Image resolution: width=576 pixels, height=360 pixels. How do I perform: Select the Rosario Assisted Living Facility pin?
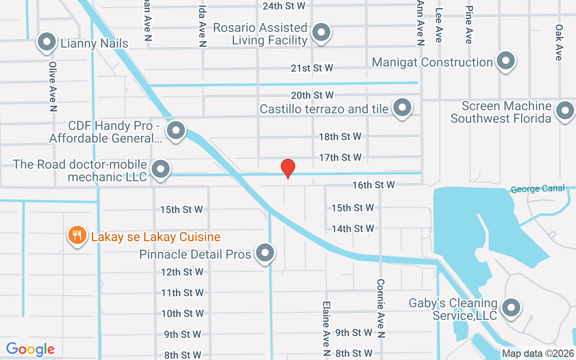[x=321, y=32]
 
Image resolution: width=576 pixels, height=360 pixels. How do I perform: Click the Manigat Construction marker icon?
[x=506, y=61]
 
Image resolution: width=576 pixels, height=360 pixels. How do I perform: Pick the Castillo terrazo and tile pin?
[x=402, y=108]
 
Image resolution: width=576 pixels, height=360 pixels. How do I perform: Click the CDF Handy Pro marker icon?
[x=176, y=131]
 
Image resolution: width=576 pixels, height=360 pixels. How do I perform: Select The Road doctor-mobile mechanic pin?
[x=161, y=170]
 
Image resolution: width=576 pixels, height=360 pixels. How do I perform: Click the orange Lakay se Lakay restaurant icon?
[x=77, y=235]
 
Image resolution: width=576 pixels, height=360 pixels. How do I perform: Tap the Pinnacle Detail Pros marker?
[x=265, y=253]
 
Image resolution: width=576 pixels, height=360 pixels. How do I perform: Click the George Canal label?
[x=538, y=189]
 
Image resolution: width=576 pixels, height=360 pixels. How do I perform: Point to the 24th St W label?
[x=284, y=6]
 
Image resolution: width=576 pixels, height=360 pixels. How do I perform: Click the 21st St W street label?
[x=312, y=68]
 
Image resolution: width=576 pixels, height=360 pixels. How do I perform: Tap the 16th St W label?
[x=373, y=184]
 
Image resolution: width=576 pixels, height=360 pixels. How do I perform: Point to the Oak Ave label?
[x=559, y=42]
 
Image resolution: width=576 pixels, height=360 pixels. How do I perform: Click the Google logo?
[x=31, y=349]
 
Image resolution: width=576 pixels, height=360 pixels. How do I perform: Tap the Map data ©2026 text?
[x=538, y=353]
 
